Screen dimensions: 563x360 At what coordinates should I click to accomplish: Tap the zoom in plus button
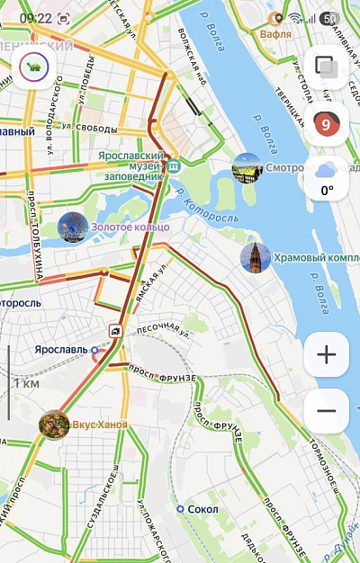[x=326, y=355]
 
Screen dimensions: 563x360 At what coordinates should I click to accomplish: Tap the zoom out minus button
[x=326, y=411]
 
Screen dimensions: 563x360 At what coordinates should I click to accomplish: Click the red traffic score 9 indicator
[x=326, y=124]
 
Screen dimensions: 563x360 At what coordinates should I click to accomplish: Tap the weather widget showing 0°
[x=326, y=178]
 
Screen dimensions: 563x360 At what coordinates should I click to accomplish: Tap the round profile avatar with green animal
[x=34, y=67]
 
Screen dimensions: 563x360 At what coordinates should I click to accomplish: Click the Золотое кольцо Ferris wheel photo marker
[x=72, y=228]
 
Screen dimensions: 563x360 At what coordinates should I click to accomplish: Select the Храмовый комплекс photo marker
[x=255, y=257]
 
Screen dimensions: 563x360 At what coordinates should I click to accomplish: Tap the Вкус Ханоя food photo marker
[x=54, y=424]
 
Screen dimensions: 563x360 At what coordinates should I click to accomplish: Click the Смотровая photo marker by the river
[x=247, y=167]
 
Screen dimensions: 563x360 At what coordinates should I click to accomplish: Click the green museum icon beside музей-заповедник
[x=174, y=165]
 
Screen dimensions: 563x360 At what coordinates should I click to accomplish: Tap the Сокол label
[x=204, y=509]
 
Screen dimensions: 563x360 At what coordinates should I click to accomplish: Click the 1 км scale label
[x=26, y=383]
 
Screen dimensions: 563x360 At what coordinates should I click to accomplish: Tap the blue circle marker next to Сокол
[x=180, y=509]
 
